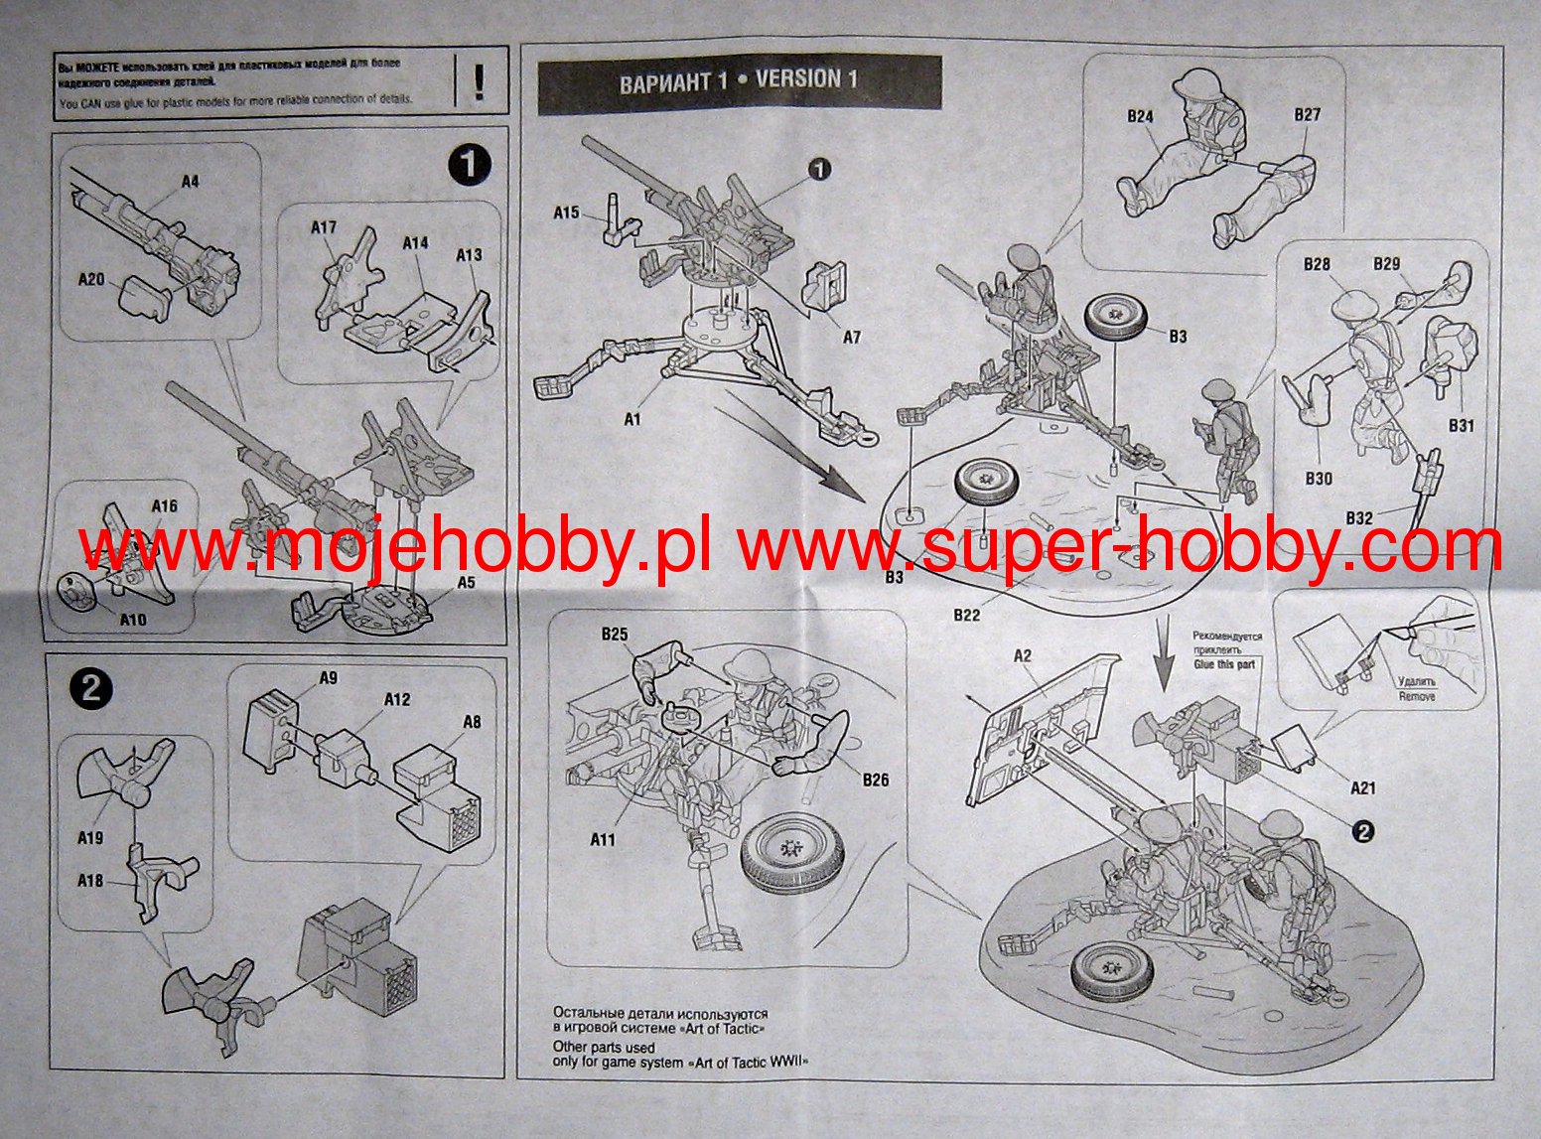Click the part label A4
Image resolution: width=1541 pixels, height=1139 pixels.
pyautogui.click(x=190, y=182)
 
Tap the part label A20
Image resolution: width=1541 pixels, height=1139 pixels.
pyautogui.click(x=91, y=280)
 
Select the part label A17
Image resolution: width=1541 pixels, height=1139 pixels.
pyautogui.click(x=324, y=227)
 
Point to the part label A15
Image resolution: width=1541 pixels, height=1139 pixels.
pyautogui.click(x=566, y=213)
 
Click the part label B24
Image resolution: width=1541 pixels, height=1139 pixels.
pyautogui.click(x=1140, y=116)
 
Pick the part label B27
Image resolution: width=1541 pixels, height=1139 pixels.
pyautogui.click(x=1308, y=115)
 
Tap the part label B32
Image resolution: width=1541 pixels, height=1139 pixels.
pyautogui.click(x=1359, y=518)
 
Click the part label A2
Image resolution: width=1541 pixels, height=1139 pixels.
pyautogui.click(x=1023, y=655)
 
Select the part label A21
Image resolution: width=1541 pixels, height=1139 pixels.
pyautogui.click(x=1363, y=787)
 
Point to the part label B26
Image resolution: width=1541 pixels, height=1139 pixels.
pyautogui.click(x=876, y=780)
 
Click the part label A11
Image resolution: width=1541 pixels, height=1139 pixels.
pyautogui.click(x=603, y=839)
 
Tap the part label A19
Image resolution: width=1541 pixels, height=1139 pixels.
pyautogui.click(x=90, y=838)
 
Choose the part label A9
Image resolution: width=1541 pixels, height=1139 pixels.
pyautogui.click(x=328, y=678)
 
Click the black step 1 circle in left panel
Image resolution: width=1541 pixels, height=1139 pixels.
pyautogui.click(x=469, y=165)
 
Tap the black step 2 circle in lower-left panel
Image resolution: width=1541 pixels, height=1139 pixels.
pyautogui.click(x=91, y=689)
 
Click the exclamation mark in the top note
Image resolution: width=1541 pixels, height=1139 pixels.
pyautogui.click(x=480, y=80)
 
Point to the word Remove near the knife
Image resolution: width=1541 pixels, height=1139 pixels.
pyautogui.click(x=1417, y=696)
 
